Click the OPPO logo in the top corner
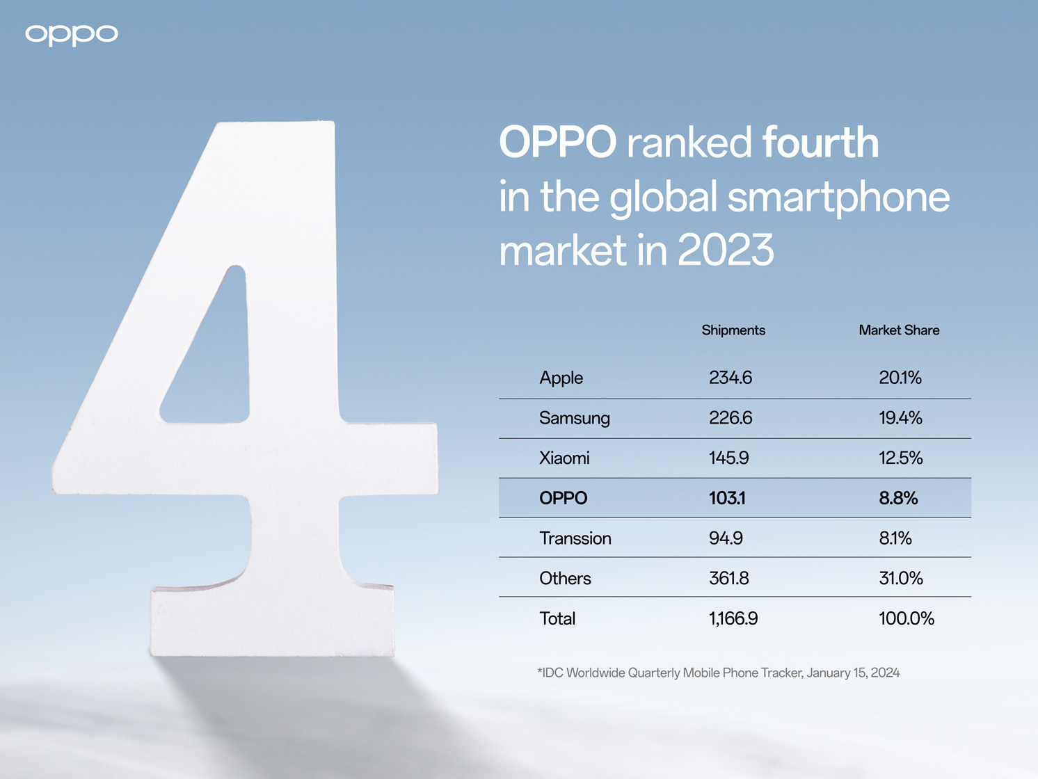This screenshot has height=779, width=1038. [x=72, y=35]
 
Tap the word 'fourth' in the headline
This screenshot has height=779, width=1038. [x=820, y=143]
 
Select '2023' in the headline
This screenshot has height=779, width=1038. [x=725, y=250]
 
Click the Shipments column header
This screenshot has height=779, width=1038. [x=733, y=330]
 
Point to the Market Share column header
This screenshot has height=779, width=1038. [x=899, y=330]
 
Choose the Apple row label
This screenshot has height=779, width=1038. [x=561, y=378]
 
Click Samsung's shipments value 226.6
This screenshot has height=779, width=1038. [x=730, y=418]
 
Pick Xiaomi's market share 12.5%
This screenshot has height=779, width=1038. [x=900, y=458]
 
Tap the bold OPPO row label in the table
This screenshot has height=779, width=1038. [x=563, y=498]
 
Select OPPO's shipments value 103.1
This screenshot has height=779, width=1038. [x=727, y=498]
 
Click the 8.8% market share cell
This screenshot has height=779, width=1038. [x=898, y=498]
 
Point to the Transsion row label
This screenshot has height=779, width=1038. [x=575, y=538]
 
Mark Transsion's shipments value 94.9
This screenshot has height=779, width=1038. [x=726, y=538]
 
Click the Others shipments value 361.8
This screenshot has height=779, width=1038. [x=728, y=579]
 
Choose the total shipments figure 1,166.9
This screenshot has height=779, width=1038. [x=733, y=619]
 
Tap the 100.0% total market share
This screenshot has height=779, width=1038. [x=906, y=619]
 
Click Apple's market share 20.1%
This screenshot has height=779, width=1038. [x=900, y=378]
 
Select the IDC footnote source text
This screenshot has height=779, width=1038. [x=718, y=673]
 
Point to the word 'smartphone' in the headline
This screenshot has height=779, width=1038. [x=838, y=197]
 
